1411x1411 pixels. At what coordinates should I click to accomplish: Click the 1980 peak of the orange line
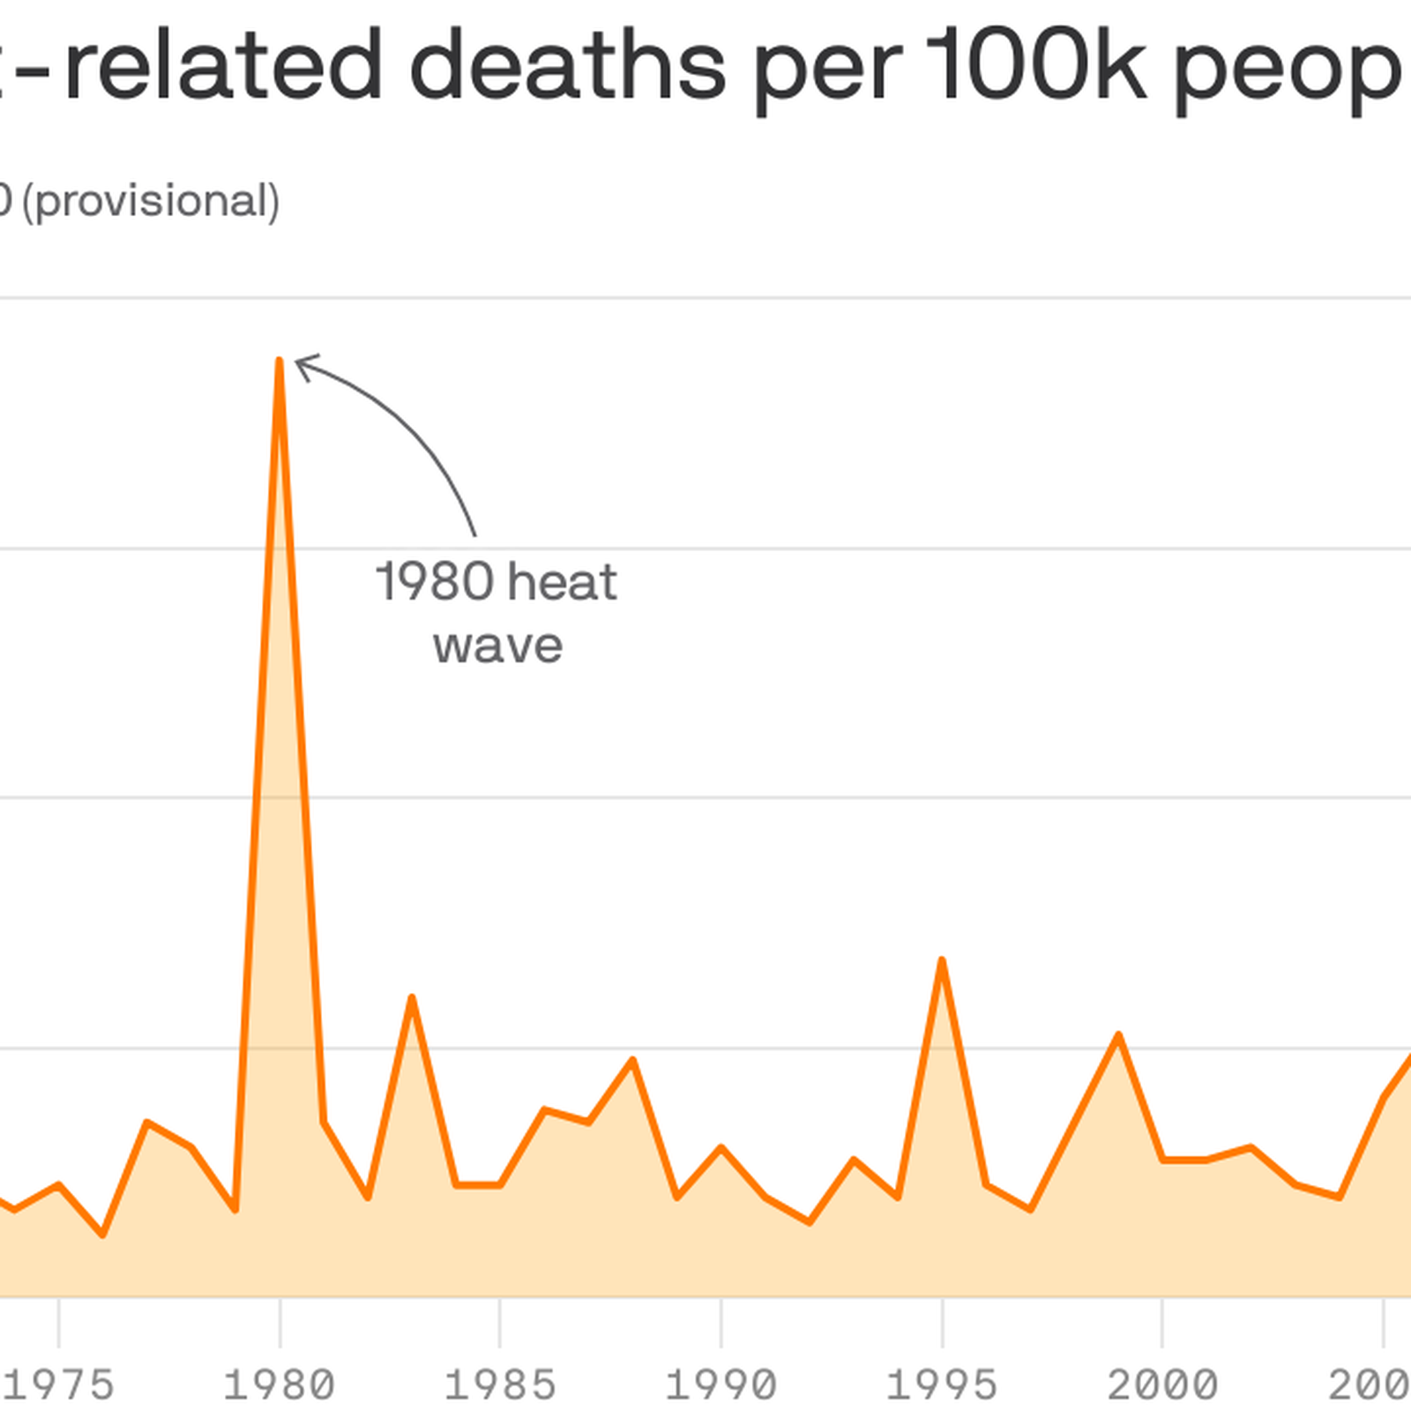tap(280, 361)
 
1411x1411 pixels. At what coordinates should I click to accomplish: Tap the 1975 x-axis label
tap(59, 1385)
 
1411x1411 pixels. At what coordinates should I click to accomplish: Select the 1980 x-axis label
tap(280, 1385)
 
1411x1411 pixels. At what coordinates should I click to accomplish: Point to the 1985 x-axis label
tap(500, 1385)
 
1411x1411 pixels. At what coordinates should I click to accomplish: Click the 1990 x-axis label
tap(721, 1385)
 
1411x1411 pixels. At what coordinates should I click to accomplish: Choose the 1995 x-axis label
tap(942, 1385)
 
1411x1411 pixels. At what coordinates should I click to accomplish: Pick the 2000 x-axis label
tap(1162, 1385)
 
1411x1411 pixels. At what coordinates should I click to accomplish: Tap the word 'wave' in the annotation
tap(498, 646)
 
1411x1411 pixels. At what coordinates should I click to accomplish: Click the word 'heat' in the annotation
tap(563, 582)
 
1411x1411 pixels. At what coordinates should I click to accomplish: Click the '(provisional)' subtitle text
tap(151, 202)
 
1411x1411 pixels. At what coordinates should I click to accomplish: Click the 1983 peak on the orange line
tap(412, 997)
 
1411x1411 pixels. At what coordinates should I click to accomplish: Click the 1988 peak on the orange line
tap(633, 1059)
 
